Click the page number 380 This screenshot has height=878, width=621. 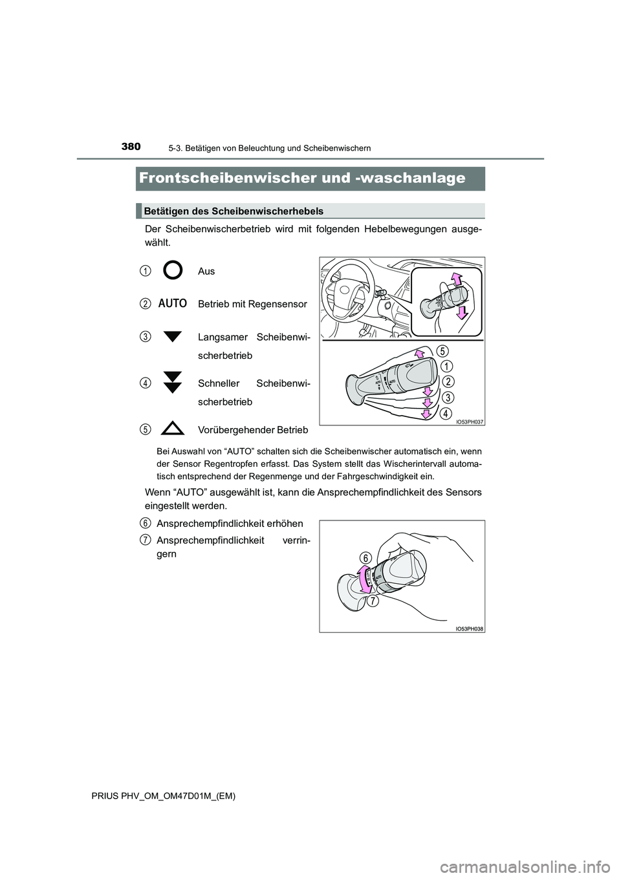tap(131, 146)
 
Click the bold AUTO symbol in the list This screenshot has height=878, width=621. tap(173, 303)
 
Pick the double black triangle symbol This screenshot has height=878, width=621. tap(173, 383)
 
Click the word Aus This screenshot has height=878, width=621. tap(206, 272)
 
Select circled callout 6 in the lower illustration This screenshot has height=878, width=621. tap(365, 557)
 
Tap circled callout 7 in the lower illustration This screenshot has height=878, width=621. tap(374, 601)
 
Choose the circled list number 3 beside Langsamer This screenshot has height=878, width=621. tap(147, 336)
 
